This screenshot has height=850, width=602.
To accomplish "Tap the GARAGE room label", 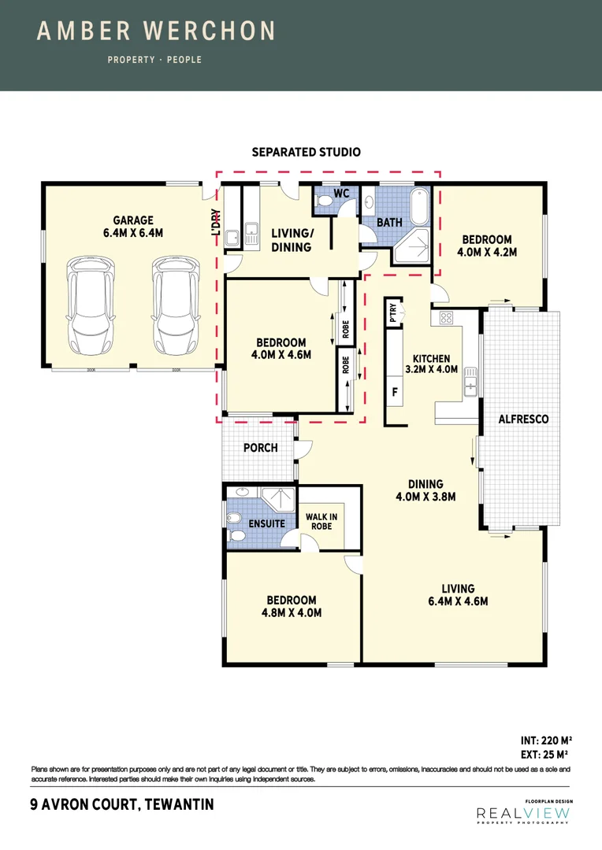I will coord(132,220).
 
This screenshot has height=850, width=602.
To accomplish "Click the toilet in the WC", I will coord(323,202).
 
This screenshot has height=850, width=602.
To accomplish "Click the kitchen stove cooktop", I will coord(446,318).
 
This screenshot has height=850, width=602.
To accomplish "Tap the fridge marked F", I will coord(395,390).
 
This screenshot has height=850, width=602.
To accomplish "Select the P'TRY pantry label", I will coord(393,312).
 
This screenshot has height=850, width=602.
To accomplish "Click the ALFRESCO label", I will coord(523,419).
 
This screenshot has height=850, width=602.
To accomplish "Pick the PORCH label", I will coord(260,448).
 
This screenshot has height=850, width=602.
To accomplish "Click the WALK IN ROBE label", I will coord(321,521).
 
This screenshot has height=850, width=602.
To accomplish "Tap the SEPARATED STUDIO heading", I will coord(306,152).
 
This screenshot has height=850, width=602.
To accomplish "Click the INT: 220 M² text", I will coord(545,740).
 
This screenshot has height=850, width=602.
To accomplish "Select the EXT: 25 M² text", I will coord(545,753).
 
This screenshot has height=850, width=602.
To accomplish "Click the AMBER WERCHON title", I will coord(156,31).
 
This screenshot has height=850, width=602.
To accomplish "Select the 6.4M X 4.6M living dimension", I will coord(458,601).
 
